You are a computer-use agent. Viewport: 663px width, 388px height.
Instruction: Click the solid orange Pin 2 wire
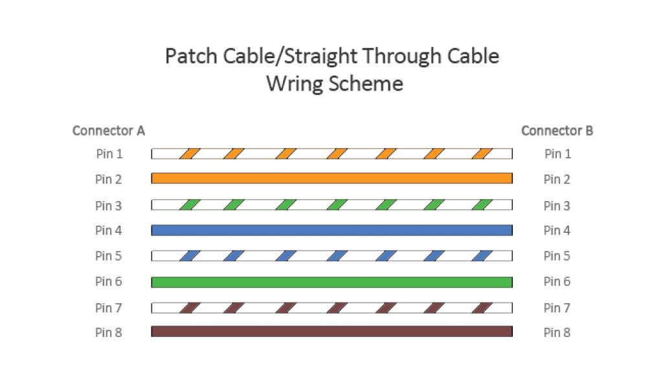pyautogui.click(x=331, y=178)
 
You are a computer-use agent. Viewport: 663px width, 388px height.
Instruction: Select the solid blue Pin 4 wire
pyautogui.click(x=331, y=230)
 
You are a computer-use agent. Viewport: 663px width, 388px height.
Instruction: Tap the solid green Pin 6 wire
pyautogui.click(x=331, y=281)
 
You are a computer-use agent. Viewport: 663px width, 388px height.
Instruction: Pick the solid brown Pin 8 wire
pyautogui.click(x=331, y=331)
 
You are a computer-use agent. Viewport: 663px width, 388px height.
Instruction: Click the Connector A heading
pyautogui.click(x=108, y=131)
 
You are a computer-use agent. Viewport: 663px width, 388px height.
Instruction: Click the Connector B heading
pyautogui.click(x=557, y=131)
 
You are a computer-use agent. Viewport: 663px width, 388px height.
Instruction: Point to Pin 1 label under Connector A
pyautogui.click(x=108, y=154)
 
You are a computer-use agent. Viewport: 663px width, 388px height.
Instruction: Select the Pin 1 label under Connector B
pyautogui.click(x=557, y=154)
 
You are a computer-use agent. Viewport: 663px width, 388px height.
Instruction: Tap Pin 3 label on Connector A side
pyautogui.click(x=108, y=206)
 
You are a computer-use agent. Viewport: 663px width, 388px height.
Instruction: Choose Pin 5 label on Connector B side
pyautogui.click(x=557, y=256)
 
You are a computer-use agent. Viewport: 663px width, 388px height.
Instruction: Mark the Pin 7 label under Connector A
pyautogui.click(x=108, y=308)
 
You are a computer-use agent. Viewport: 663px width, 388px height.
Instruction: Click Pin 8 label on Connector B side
pyautogui.click(x=557, y=332)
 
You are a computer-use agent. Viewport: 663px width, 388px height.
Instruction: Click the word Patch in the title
pyautogui.click(x=188, y=56)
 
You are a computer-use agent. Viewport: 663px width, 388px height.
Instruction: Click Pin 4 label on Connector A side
pyautogui.click(x=108, y=230)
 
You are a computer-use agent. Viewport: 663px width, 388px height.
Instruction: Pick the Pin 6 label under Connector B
pyautogui.click(x=557, y=281)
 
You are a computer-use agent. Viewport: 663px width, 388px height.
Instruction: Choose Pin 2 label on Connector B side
pyautogui.click(x=557, y=179)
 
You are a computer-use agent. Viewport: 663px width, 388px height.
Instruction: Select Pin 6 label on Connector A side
pyautogui.click(x=108, y=281)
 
